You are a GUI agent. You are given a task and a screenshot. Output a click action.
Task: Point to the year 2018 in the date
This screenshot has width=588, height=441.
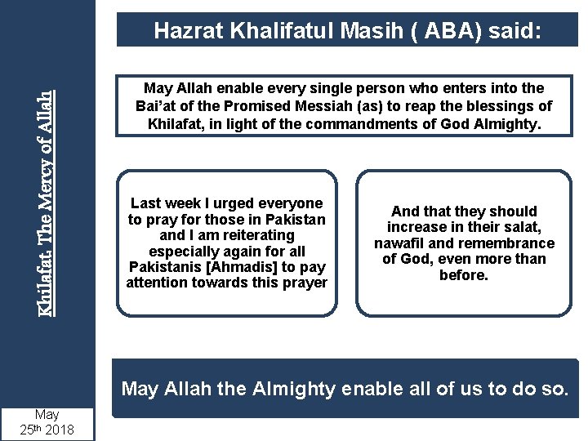60,429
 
